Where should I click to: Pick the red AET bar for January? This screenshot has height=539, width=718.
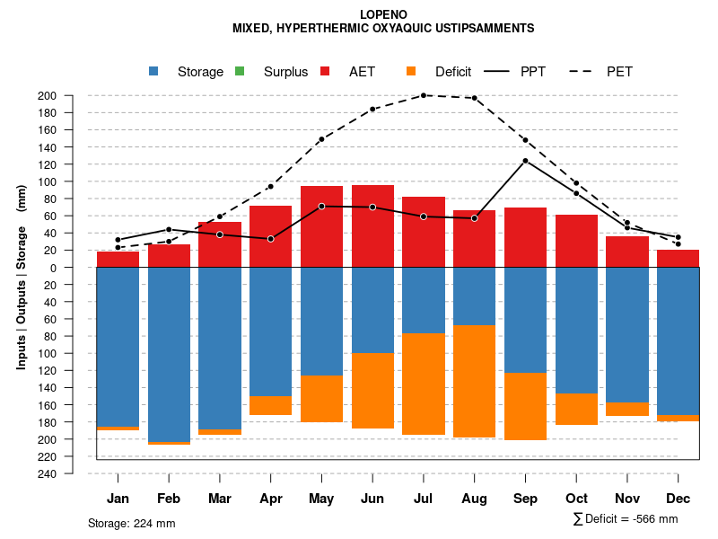(118, 260)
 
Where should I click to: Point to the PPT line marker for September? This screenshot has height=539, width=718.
(525, 161)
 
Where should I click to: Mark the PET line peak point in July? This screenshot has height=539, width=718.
(424, 95)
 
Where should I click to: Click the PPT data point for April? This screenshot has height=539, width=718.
(270, 239)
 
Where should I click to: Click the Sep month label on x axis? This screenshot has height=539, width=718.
(525, 499)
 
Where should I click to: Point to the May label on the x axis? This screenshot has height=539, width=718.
(321, 499)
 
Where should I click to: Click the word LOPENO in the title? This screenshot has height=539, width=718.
(383, 14)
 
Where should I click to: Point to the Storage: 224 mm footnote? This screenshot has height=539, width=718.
(131, 523)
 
